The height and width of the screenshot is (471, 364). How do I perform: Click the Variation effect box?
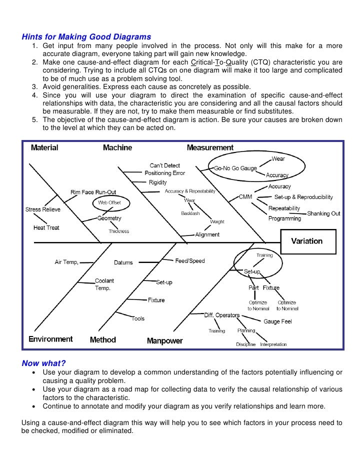click(306, 241)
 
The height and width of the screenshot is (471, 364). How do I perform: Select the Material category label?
click(44, 147)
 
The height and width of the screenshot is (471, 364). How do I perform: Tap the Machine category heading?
click(117, 147)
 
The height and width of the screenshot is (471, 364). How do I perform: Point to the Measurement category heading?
click(210, 147)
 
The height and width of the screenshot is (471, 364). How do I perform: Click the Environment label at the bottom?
click(50, 339)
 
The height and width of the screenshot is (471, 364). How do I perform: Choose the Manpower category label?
click(164, 341)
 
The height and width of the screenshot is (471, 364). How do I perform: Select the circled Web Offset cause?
click(109, 202)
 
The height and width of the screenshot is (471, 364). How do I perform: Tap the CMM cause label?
click(245, 197)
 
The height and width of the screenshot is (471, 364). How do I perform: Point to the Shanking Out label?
click(323, 213)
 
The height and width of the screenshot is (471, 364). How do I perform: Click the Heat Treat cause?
click(46, 227)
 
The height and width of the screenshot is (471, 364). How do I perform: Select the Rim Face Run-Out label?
click(93, 192)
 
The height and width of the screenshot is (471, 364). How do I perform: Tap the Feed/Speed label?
click(189, 261)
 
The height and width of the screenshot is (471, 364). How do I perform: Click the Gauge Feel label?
click(277, 321)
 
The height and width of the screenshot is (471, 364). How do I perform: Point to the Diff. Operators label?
click(221, 315)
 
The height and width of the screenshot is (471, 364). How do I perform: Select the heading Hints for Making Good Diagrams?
click(86, 37)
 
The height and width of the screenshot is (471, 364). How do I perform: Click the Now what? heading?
click(44, 362)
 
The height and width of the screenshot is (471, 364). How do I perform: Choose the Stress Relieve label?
click(43, 209)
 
